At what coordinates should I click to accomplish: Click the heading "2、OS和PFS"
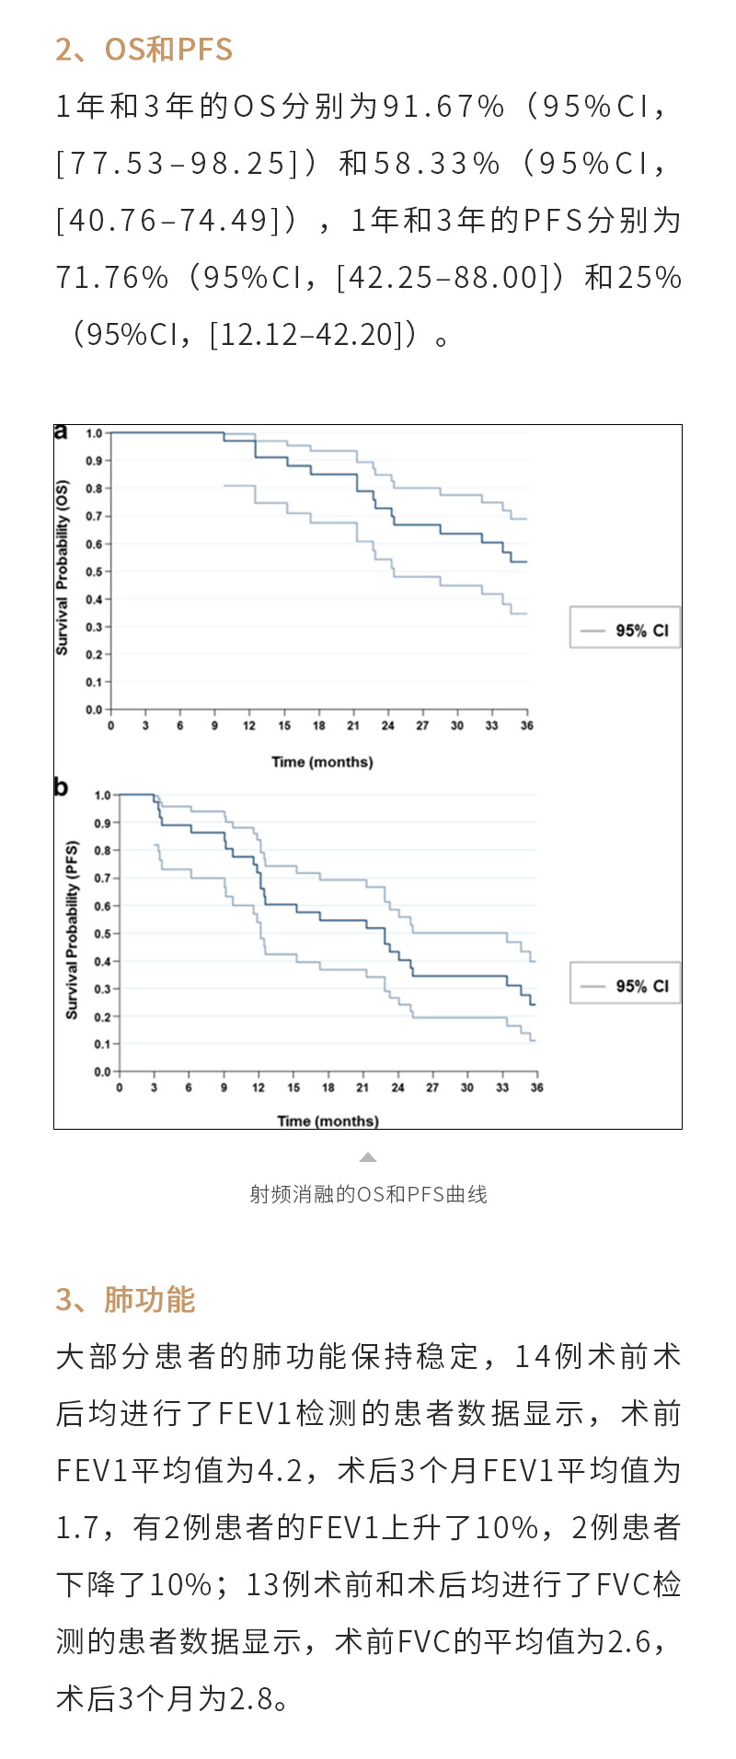pos(144,49)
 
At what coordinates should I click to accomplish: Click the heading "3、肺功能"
pos(125,1299)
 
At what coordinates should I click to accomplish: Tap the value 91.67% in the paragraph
pos(443,107)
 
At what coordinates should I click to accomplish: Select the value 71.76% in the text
pos(112,278)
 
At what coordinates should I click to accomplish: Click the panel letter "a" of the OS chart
pos(61,431)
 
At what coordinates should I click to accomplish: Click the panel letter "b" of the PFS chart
pos(61,788)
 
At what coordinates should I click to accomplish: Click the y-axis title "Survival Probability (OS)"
pos(62,567)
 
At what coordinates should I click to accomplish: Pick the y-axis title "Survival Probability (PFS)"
pos(71,929)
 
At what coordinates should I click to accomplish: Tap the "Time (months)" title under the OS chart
pos(322,762)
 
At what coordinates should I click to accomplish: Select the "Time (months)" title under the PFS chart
pos(328,1121)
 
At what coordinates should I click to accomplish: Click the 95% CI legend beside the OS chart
pos(625,630)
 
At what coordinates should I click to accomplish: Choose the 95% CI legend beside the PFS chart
pos(625,985)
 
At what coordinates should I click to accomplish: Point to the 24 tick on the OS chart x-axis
pos(388,726)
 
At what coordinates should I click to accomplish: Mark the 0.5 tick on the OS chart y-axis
pos(94,571)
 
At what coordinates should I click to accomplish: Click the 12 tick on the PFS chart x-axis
pos(259,1087)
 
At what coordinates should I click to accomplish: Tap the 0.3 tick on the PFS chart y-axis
pos(102,989)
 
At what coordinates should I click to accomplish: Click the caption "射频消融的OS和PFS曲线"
pos(368,1194)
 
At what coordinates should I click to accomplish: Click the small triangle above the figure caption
pos(368,1157)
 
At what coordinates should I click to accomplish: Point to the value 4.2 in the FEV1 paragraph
pos(279,1470)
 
